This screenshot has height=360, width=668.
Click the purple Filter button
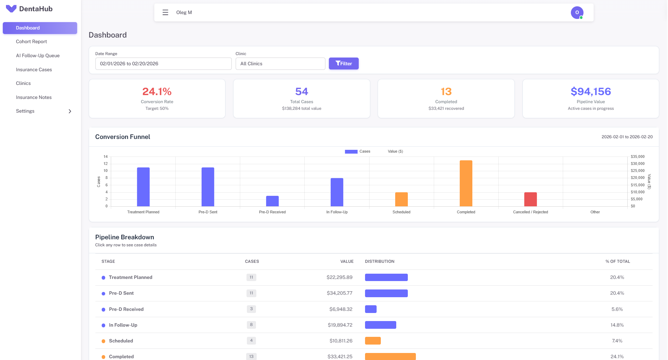[x=343, y=64]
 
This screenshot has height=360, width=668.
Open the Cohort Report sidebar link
[x=31, y=41]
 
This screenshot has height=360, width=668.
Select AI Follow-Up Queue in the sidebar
[x=38, y=55]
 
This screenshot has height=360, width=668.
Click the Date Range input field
[x=163, y=64]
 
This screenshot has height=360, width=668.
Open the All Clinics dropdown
[x=280, y=64]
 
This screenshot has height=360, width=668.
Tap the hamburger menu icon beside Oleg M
[x=165, y=13]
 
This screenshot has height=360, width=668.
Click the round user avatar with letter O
[x=577, y=13]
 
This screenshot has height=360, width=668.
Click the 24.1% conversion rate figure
[x=157, y=92]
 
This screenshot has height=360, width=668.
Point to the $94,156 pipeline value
[x=591, y=92]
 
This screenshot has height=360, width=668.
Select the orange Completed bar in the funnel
[x=466, y=183]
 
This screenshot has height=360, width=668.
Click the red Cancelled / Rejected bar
[x=530, y=199]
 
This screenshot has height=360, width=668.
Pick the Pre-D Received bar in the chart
[x=272, y=201]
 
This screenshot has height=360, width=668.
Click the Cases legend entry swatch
[x=351, y=152]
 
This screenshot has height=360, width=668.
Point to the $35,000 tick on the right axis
[x=637, y=156]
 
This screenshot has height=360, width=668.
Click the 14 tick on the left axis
[x=106, y=156]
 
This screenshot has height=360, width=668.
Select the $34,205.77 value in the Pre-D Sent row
[x=339, y=293]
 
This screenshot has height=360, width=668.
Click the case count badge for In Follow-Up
[x=251, y=325]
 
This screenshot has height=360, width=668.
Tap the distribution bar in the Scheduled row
[x=373, y=341]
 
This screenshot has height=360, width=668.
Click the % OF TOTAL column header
[x=618, y=261]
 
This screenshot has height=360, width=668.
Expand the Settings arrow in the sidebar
[x=70, y=111]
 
